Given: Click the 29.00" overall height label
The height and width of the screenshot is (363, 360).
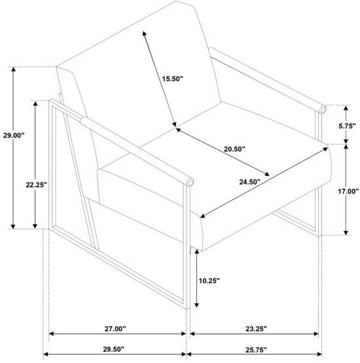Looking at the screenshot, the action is point(14,135).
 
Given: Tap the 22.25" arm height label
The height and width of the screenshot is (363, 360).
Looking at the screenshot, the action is point(37,184).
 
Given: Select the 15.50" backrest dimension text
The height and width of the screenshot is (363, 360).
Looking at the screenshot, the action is point(172,78).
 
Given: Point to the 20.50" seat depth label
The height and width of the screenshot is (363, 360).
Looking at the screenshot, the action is point(234,149).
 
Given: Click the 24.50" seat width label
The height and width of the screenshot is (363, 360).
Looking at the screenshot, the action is point(250,182).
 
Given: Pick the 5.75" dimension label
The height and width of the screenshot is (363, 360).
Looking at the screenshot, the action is point(347,126).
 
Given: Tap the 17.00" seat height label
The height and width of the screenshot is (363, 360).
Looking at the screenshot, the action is point(348,192).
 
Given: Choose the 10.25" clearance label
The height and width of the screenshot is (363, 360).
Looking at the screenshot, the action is point(209,281).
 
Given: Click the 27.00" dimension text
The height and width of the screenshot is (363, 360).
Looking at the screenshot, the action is point(115,328).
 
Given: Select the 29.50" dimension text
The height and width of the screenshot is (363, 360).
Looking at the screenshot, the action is point(113,349).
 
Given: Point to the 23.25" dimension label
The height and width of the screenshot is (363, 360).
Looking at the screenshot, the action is point(256,328).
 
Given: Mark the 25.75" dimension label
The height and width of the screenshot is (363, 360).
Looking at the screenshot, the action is point(256,350).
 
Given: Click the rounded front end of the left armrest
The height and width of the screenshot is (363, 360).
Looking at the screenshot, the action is point(190,182).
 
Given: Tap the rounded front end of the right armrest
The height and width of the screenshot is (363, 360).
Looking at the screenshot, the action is point(323,109).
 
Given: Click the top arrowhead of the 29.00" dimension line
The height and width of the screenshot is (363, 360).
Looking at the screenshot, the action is point(14,69).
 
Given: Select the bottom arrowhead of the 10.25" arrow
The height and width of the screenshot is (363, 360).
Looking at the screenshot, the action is point(196,305).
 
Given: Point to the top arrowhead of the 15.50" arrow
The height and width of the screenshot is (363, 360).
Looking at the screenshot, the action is point(144,33).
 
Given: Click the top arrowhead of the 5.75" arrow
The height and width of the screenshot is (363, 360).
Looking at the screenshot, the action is point(346,108).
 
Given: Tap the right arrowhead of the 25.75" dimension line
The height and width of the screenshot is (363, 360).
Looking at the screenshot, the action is point(319,354).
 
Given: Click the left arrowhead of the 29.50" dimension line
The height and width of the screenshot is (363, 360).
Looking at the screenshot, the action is point(46,354).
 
